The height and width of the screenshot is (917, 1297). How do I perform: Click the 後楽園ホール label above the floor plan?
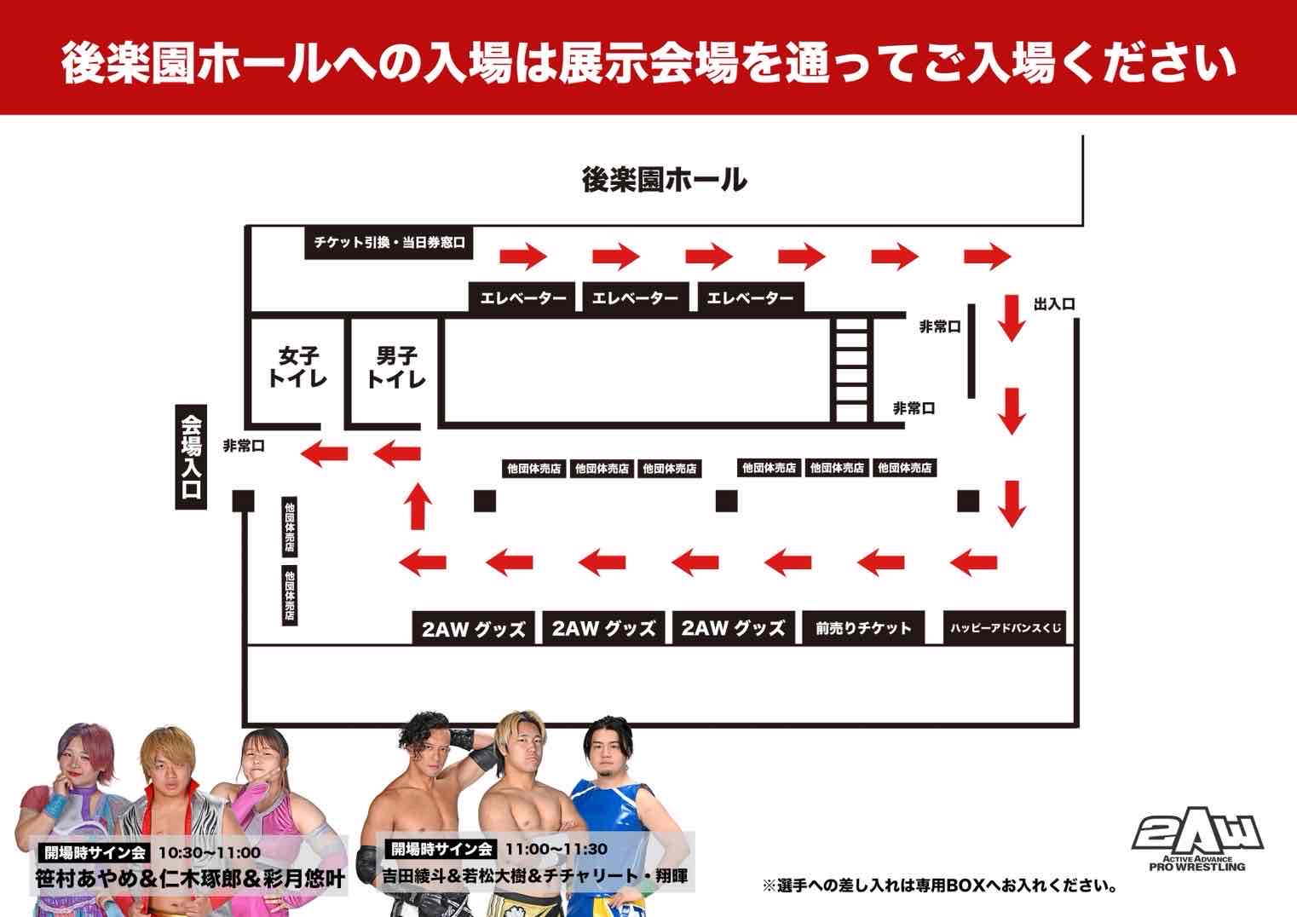click(664, 180)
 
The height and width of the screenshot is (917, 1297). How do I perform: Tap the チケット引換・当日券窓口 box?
click(389, 243)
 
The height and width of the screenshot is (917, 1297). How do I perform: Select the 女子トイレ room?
click(297, 367)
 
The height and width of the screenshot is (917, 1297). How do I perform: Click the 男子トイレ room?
click(395, 367)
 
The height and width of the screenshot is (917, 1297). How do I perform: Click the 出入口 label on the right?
click(1053, 304)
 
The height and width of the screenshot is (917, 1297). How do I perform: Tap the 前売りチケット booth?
click(863, 629)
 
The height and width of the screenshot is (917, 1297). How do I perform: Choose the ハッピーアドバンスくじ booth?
click(1006, 629)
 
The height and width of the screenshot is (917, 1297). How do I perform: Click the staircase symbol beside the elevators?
click(850, 369)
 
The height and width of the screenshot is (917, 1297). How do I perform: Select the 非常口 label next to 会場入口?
click(244, 446)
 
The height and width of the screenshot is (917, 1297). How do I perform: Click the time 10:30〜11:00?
click(210, 852)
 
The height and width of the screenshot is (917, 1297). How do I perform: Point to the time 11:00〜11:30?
click(556, 849)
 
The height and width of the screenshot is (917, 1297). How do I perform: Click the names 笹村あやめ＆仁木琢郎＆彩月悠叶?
click(190, 878)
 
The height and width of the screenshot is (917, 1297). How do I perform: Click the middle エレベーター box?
click(635, 298)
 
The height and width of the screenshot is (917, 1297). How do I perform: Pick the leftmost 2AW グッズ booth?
click(474, 629)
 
